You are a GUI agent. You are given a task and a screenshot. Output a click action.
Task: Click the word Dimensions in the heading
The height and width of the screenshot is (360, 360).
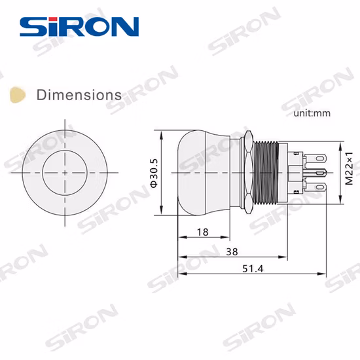click(79, 95)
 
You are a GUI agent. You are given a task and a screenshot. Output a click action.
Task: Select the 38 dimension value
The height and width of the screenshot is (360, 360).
click(231, 251)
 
